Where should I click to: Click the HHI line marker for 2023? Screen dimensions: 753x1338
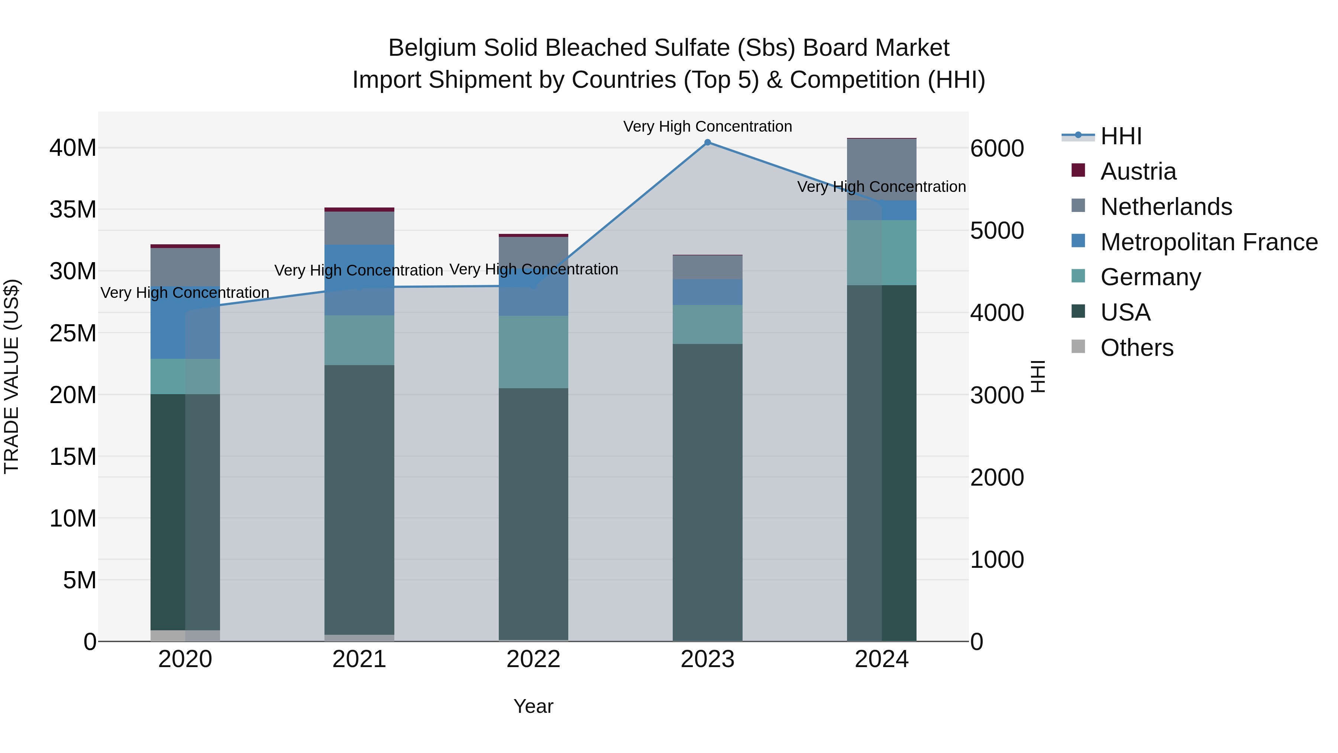[x=707, y=142]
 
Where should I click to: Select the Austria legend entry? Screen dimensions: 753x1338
[x=1138, y=171]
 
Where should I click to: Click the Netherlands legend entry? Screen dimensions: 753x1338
[x=1166, y=207]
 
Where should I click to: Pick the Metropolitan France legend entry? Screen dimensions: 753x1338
[x=1208, y=242]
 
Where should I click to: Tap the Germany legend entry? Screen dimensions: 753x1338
[x=1150, y=277]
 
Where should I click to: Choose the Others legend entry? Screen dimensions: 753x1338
[x=1137, y=348]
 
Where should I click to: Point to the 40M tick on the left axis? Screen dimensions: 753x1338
[x=73, y=148]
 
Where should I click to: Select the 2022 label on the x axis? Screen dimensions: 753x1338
[x=533, y=659]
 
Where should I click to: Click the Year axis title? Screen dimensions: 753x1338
[x=533, y=706]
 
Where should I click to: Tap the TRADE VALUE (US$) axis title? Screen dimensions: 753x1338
[x=12, y=376]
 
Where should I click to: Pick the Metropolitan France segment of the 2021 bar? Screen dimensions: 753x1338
[x=359, y=280]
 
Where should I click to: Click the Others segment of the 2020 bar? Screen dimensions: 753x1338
[x=185, y=635]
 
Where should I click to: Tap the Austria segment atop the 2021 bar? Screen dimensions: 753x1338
[x=359, y=209]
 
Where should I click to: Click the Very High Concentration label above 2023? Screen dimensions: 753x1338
[x=707, y=126]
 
